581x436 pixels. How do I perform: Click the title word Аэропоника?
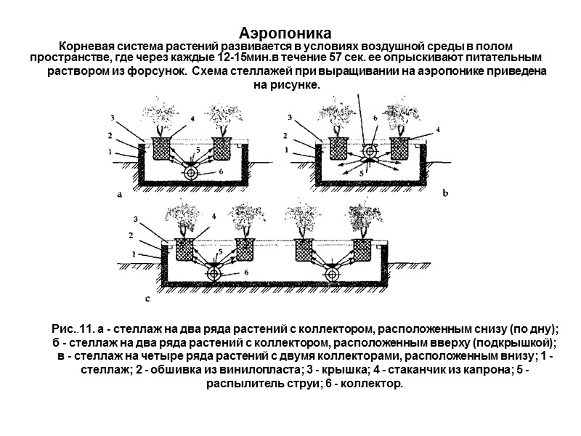tap(285, 33)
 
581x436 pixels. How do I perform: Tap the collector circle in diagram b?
tap(369, 150)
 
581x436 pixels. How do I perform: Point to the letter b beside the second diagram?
tap(445, 193)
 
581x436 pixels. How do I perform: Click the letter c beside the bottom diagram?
tap(148, 297)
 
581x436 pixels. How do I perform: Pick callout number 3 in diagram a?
tap(112, 117)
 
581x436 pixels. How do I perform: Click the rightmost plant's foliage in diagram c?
tap(362, 218)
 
